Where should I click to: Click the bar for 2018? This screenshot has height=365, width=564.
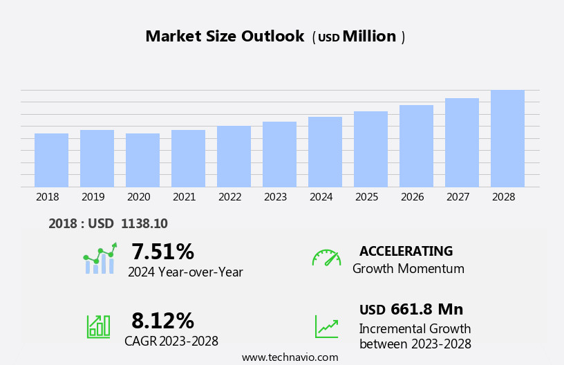click(51, 160)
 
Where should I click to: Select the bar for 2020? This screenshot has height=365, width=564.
click(142, 160)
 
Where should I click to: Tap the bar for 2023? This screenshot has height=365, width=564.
click(279, 154)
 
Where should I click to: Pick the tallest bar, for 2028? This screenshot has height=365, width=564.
click(507, 138)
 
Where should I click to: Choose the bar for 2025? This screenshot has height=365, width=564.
click(370, 149)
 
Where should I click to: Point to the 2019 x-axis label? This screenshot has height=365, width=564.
click(93, 197)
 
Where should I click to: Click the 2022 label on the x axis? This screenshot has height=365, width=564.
click(230, 197)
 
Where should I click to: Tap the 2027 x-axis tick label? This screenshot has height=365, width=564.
click(458, 197)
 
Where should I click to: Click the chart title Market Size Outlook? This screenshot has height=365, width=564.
click(225, 37)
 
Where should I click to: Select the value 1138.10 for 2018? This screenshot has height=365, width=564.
click(144, 224)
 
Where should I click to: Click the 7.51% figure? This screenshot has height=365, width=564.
click(162, 252)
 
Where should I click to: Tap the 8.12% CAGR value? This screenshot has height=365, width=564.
click(162, 321)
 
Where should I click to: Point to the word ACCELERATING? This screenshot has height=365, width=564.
click(406, 252)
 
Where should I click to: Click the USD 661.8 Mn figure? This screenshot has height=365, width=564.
click(411, 310)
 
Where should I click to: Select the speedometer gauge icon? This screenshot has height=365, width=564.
click(326, 258)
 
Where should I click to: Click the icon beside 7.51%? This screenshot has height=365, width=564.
click(100, 259)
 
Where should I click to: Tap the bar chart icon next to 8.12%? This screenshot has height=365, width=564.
click(98, 326)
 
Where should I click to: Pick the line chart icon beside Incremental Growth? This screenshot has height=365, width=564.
click(326, 326)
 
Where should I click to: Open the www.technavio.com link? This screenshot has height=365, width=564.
click(290, 357)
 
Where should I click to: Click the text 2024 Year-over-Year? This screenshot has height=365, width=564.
click(185, 272)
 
